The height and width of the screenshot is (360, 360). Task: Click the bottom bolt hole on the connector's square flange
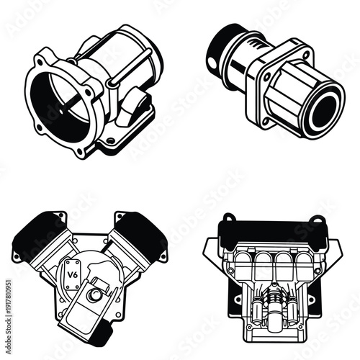(266, 121)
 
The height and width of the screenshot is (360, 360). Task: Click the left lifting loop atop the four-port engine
(228, 217)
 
